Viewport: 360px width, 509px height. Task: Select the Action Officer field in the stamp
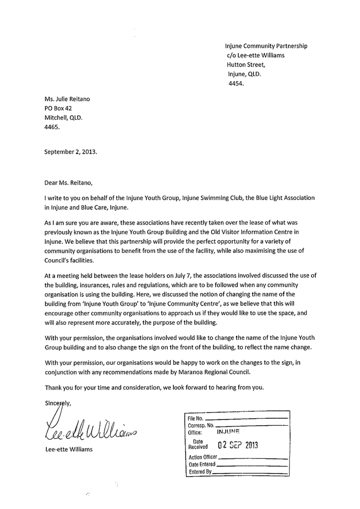203,457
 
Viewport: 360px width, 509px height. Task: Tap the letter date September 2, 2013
71,152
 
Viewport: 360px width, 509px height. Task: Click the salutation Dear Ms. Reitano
68,183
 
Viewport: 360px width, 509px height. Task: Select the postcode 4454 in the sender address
236,84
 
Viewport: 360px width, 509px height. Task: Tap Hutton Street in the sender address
245,65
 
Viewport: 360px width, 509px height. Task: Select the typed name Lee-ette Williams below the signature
69,449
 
